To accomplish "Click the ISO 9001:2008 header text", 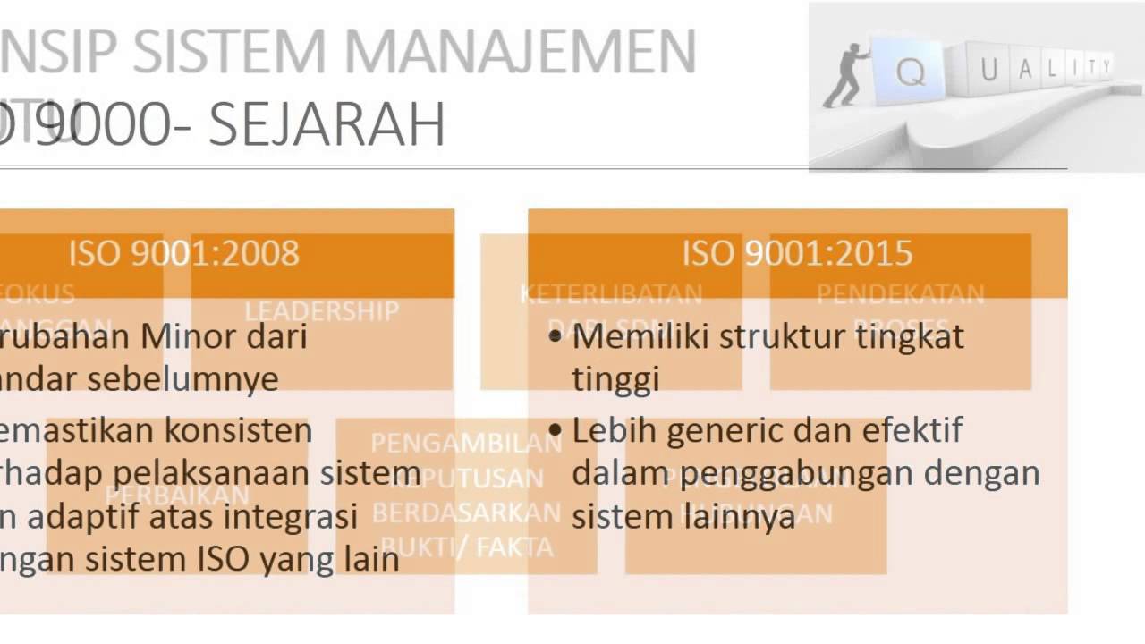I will (x=183, y=253).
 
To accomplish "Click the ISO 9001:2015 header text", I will (x=797, y=253).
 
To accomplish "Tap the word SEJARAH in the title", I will (x=327, y=125).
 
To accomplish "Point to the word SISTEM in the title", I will (x=237, y=52).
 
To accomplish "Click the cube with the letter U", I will (x=989, y=70).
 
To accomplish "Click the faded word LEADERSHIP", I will (x=321, y=311).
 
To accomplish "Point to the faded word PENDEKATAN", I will (x=900, y=293).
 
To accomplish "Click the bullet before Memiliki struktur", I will (x=556, y=337).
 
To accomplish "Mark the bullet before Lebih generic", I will (x=556, y=430).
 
